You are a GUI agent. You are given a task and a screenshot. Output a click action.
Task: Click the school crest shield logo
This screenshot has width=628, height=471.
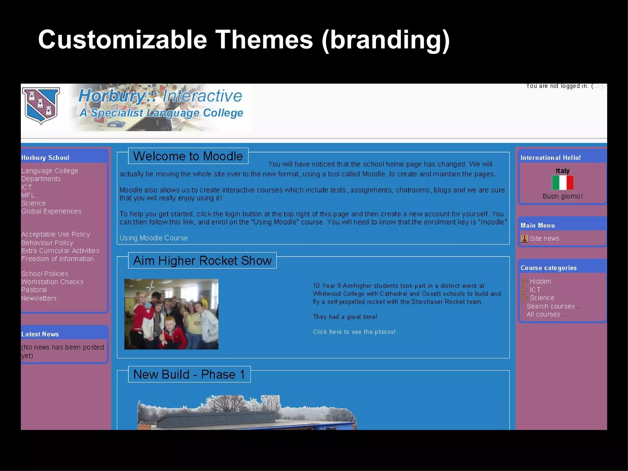pyautogui.click(x=41, y=105)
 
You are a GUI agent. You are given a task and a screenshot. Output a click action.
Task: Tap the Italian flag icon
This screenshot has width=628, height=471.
pyautogui.click(x=563, y=183)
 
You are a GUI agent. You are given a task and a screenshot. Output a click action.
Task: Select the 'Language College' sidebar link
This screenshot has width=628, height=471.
pyautogui.click(x=50, y=171)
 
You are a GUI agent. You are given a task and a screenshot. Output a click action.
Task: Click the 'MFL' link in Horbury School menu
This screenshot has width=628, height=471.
pyautogui.click(x=28, y=195)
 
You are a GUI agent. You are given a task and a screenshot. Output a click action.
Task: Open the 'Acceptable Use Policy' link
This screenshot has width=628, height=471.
pyautogui.click(x=56, y=234)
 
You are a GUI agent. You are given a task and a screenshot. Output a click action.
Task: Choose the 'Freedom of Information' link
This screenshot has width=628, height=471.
pyautogui.click(x=57, y=259)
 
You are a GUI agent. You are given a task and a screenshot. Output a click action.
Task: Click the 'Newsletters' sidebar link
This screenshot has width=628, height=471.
pyautogui.click(x=39, y=298)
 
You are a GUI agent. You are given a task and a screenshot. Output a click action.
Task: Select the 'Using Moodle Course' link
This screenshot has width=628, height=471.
pyautogui.click(x=154, y=238)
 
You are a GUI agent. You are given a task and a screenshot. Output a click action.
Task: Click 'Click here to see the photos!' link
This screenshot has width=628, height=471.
pyautogui.click(x=354, y=332)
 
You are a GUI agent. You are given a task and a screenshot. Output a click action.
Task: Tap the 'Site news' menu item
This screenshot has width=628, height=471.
pyautogui.click(x=544, y=239)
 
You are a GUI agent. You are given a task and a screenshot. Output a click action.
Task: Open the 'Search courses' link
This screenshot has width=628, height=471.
pyautogui.click(x=551, y=306)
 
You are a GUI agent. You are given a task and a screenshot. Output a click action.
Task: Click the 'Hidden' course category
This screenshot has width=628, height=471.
pyautogui.click(x=540, y=281)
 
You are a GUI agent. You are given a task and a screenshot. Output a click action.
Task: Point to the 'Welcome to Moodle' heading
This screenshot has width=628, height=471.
pyautogui.click(x=188, y=156)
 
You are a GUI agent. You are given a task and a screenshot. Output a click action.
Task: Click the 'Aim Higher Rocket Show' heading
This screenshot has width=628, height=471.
pyautogui.click(x=202, y=261)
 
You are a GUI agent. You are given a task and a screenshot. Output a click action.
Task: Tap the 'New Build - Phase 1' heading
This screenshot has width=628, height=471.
pyautogui.click(x=189, y=374)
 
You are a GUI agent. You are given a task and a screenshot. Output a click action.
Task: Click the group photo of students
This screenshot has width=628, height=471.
pyautogui.click(x=171, y=314)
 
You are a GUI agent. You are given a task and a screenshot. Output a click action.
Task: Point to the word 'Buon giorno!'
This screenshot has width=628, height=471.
pyautogui.click(x=563, y=196)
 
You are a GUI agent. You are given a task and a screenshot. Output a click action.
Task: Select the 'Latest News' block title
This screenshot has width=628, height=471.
pyautogui.click(x=40, y=334)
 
